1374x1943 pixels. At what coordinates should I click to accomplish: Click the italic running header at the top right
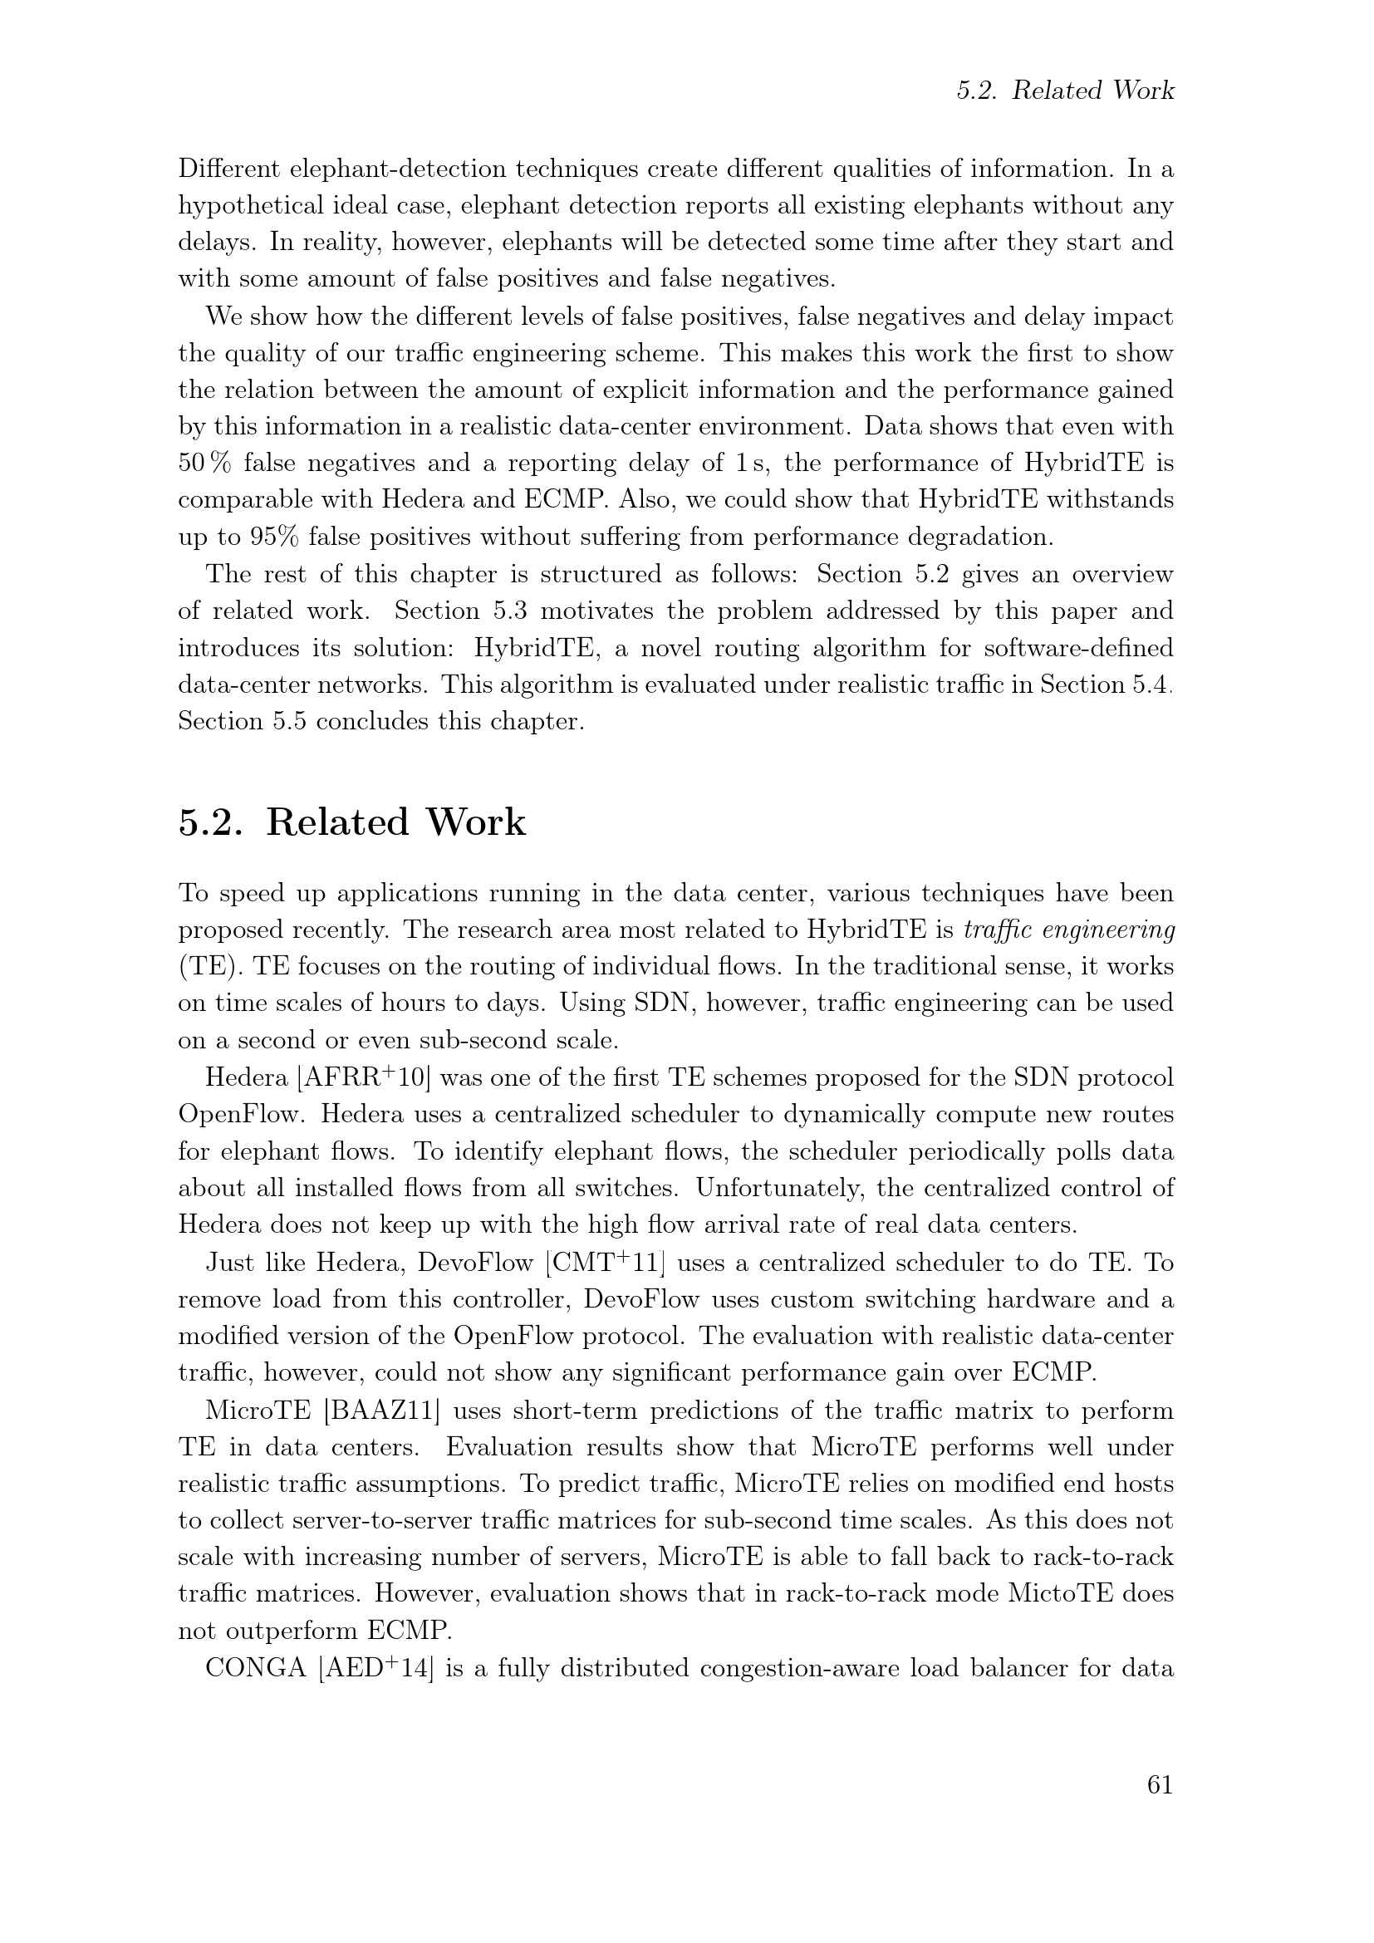1064,91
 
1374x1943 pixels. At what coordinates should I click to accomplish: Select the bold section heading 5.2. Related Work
352,822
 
